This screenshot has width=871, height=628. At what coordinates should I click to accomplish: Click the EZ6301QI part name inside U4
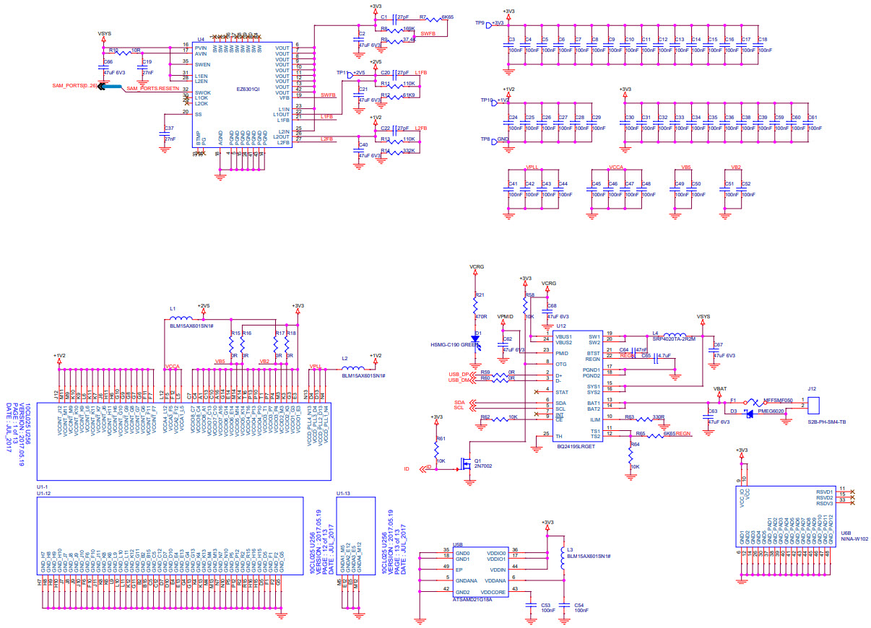click(x=248, y=90)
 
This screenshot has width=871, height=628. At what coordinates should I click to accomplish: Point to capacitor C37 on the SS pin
click(x=164, y=134)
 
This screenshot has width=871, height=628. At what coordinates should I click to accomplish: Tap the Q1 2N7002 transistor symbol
click(x=468, y=460)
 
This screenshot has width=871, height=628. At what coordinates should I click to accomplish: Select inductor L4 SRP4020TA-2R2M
click(x=674, y=334)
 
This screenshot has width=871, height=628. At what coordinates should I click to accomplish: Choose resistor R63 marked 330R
click(x=645, y=418)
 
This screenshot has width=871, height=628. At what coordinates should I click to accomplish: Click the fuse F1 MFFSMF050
click(x=751, y=403)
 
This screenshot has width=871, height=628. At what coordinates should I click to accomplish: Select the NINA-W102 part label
click(x=854, y=538)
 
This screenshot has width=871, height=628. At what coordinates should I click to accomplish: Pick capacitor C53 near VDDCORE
click(x=532, y=605)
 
